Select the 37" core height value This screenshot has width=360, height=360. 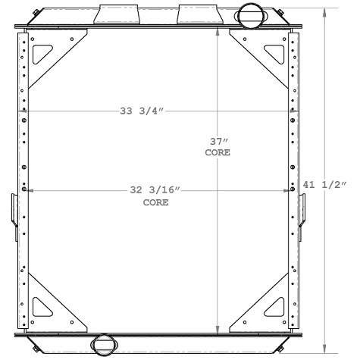(x=218, y=141)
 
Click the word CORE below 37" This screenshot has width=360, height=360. (x=218, y=152)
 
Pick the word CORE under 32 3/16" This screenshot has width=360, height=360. (x=155, y=202)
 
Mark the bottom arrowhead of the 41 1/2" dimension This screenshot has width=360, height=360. (x=327, y=349)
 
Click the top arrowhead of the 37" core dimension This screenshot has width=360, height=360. (x=218, y=35)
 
